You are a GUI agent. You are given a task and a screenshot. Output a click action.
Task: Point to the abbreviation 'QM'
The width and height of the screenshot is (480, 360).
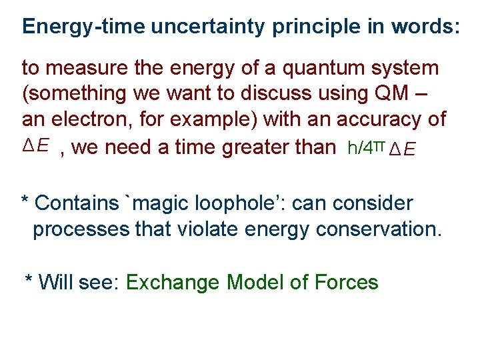394,94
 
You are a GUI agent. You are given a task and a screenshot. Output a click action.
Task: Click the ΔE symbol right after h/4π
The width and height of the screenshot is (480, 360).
402,149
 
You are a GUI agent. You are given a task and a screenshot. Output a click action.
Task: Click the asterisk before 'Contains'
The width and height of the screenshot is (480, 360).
25,201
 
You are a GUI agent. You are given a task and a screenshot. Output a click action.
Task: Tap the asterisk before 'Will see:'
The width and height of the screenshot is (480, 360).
29,281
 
